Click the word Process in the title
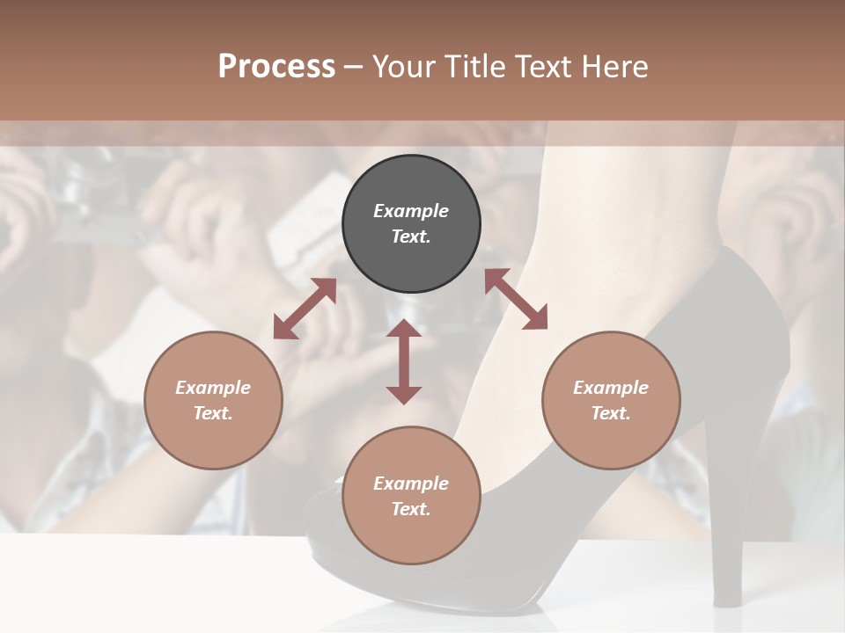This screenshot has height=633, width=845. [x=276, y=67]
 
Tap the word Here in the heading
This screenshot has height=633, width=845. [x=614, y=67]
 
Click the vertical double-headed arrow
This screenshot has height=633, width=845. [x=404, y=361]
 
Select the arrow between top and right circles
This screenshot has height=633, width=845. [x=516, y=299]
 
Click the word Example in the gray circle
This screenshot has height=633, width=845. [x=411, y=211]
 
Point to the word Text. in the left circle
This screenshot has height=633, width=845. [x=213, y=413]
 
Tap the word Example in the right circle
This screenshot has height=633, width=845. [x=611, y=388]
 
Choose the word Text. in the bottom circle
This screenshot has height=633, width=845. [x=411, y=509]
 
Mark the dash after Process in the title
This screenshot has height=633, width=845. [x=354, y=67]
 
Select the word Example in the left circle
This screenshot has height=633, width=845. [x=213, y=388]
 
